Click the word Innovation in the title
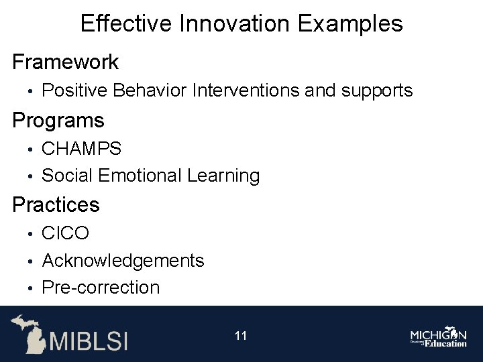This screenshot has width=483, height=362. (237, 24)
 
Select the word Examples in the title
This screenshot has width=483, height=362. (350, 24)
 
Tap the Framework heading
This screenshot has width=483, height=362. (66, 62)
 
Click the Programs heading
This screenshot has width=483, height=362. (59, 121)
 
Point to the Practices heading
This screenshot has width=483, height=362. (56, 204)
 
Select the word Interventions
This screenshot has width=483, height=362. (246, 90)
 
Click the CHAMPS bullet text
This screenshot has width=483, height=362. (82, 148)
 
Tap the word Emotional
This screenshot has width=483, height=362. (140, 176)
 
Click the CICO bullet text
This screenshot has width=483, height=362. (65, 233)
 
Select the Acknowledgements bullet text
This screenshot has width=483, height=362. (123, 260)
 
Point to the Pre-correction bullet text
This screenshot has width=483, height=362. (101, 288)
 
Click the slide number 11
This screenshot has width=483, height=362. (241, 336)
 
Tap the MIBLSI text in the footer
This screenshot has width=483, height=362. (87, 339)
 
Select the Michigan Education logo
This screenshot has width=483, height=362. (439, 337)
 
